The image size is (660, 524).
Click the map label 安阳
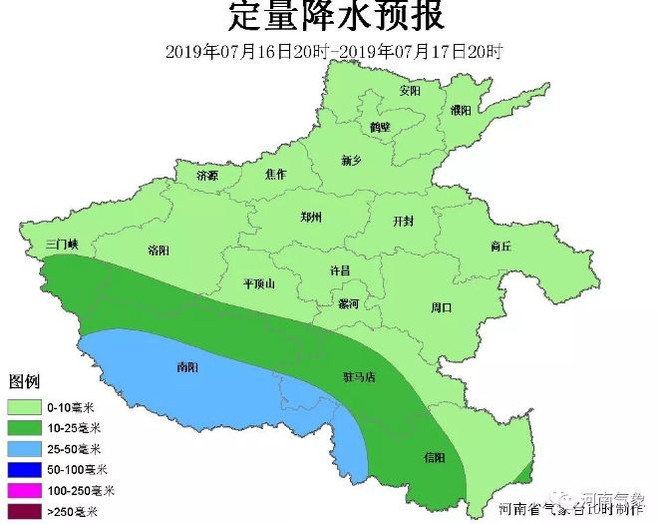pos(410,90)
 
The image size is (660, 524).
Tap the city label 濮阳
pos(461,109)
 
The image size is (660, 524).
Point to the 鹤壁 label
pos(380,127)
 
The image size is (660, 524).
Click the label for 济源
pos(207,176)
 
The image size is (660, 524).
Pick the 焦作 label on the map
pos(276,175)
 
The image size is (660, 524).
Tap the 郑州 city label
pos(311,217)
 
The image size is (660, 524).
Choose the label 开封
pos(403,221)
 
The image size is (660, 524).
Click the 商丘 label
pos(500,246)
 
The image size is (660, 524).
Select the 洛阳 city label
pos(158,250)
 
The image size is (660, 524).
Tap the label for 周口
pos(441,306)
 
